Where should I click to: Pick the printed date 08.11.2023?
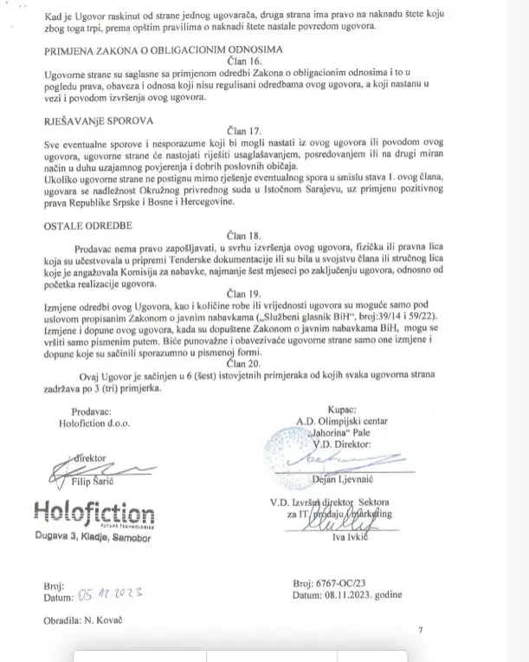(x=364, y=596)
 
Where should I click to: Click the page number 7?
(x=421, y=631)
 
